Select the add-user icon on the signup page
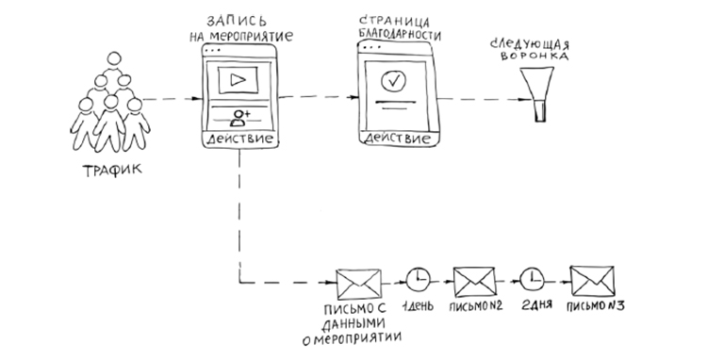coord(241,118)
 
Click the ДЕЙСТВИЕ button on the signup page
coord(240,139)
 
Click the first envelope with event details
coord(359,281)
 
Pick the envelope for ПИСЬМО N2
coord(475,279)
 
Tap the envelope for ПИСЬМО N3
coord(592,279)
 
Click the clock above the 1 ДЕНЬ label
coord(419,279)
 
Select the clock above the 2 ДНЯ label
coord(534,279)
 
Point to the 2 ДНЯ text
coord(534,306)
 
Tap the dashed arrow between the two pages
coord(321,96)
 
